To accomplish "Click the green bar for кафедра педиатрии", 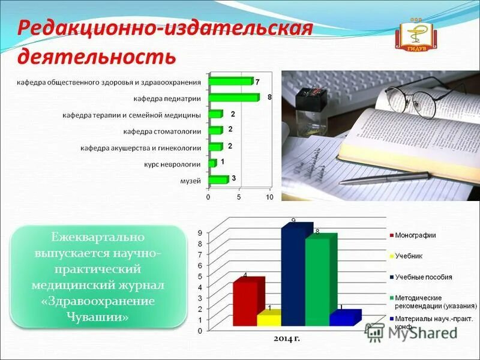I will [x=233, y=97].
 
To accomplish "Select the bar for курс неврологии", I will [x=212, y=163].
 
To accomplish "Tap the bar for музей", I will [x=218, y=179].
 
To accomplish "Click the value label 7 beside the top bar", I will [x=257, y=81].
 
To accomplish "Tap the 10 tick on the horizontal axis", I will [x=269, y=197].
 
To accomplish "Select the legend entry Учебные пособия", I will [x=423, y=277].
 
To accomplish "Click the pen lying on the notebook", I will [x=384, y=178].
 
